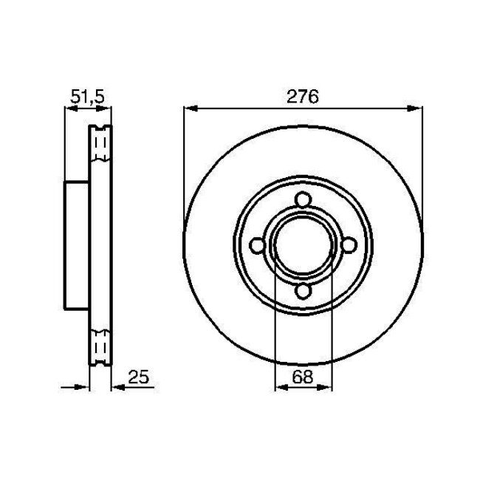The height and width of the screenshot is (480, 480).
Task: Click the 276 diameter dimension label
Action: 303,96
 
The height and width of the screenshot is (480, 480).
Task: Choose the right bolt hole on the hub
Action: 349,246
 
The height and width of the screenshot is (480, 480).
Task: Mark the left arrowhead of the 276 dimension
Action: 188,109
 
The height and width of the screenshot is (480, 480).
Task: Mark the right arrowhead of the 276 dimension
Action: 418,109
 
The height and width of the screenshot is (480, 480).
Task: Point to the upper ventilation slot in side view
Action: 100,143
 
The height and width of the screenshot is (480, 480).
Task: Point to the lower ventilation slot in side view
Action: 100,347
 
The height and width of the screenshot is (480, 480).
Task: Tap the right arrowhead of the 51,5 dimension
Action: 107,109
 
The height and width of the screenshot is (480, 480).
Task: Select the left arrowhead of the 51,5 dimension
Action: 70,109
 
